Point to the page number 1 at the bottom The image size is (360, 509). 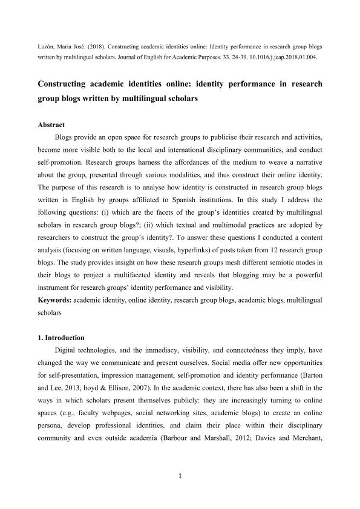(x=180, y=476)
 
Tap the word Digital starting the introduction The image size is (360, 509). (x=67, y=351)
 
